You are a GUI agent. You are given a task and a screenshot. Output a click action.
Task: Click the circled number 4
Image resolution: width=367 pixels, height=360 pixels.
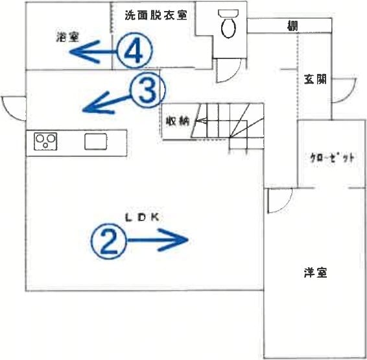[x=134, y=51]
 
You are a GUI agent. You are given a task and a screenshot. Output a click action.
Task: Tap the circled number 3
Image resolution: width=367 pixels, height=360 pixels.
[x=147, y=90]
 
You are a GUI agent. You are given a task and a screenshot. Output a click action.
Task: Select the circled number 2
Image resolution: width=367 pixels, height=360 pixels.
[x=108, y=241]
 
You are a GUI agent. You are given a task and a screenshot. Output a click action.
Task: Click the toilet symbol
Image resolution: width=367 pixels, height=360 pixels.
[x=228, y=23]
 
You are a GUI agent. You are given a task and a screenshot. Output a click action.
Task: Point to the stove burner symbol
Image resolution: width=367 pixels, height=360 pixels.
[x=45, y=141]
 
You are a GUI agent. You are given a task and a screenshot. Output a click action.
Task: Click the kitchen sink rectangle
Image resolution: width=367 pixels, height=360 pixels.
[x=96, y=141]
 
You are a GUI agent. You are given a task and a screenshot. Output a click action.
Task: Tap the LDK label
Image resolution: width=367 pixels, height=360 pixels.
[x=142, y=218]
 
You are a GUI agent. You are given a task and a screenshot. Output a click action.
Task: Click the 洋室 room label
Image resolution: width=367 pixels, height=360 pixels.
[x=316, y=272]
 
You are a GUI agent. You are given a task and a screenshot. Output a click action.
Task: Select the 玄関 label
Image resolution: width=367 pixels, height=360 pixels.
[x=315, y=79]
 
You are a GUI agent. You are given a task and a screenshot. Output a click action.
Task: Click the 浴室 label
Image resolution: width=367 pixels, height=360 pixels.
[x=67, y=37]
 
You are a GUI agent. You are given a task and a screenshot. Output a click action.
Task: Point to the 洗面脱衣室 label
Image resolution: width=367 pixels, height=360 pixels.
[x=156, y=15]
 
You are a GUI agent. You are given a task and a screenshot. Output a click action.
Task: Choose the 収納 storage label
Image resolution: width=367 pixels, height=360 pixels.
[x=178, y=121]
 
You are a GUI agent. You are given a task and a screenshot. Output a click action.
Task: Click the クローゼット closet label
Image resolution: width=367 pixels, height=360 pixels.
[x=332, y=158]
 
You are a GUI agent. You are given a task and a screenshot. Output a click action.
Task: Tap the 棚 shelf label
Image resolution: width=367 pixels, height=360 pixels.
[x=292, y=26]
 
